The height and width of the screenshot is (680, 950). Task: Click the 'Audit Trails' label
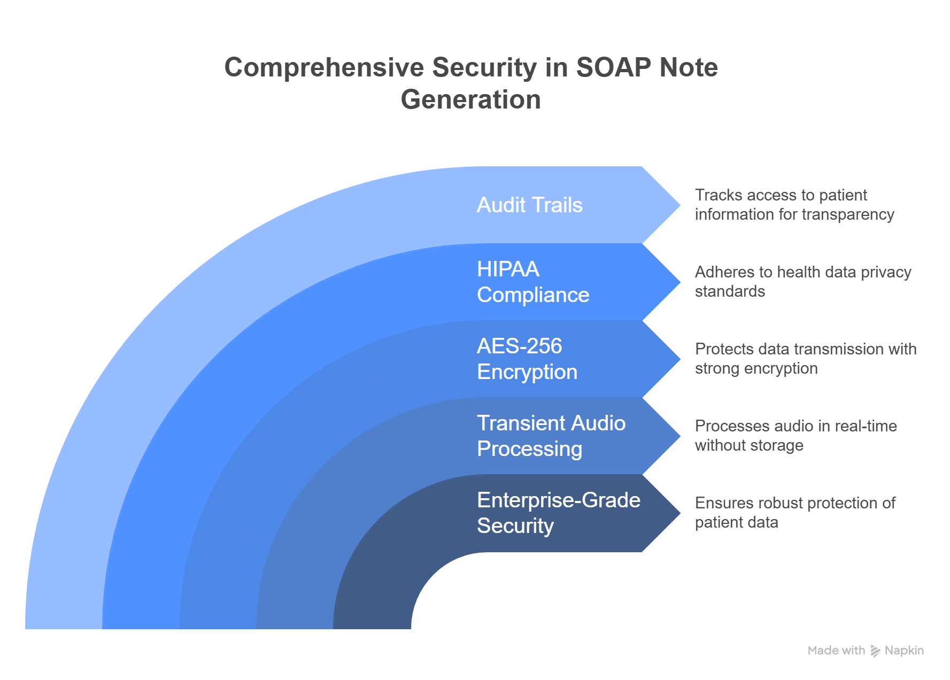click(529, 205)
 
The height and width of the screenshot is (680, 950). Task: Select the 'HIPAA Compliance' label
click(532, 282)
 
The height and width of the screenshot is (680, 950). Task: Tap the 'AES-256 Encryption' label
click(527, 359)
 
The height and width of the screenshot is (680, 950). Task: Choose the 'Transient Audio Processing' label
click(551, 436)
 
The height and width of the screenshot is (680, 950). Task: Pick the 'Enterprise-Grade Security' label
click(558, 513)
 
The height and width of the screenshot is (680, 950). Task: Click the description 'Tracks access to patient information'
click(794, 205)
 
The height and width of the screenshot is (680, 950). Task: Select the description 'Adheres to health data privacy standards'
click(802, 282)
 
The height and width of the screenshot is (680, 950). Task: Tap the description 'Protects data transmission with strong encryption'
click(805, 359)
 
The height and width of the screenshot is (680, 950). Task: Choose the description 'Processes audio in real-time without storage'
click(795, 436)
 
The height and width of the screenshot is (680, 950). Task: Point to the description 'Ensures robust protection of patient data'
click(794, 513)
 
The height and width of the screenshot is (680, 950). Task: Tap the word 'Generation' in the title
click(470, 100)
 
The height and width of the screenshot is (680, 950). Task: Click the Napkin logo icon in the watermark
click(875, 651)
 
